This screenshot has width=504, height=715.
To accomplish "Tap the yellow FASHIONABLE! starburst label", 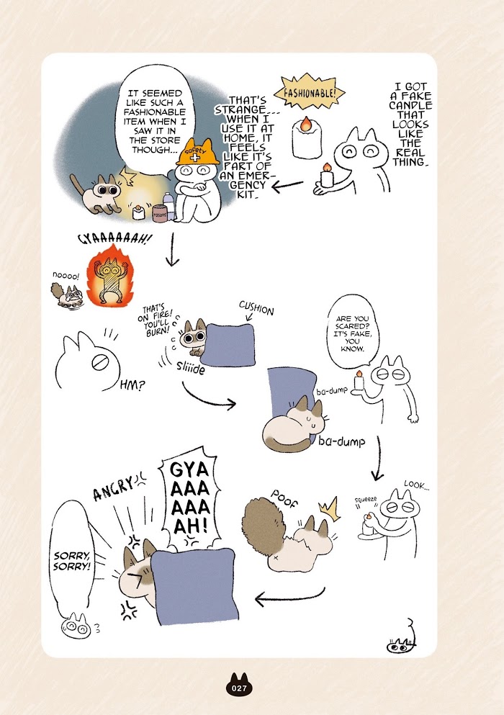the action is click(310, 93).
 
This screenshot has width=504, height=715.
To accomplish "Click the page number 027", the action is click(239, 688).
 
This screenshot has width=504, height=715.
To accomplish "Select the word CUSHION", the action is click(256, 309).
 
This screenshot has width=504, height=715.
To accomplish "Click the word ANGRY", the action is click(113, 488).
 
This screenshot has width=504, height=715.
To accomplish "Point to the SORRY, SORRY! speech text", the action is click(72, 561).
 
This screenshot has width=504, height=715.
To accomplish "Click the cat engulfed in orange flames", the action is click(109, 279).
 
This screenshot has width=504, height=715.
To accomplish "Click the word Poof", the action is click(284, 499).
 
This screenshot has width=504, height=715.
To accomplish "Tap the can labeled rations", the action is click(160, 214).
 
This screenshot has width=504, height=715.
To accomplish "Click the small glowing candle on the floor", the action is click(138, 212).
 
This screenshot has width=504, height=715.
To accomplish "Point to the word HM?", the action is click(132, 385).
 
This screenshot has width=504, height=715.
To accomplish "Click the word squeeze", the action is click(366, 500).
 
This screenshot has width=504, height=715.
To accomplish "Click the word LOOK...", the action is click(416, 485).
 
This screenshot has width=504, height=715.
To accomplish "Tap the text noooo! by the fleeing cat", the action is click(66, 276).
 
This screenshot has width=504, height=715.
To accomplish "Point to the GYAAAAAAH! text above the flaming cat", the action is click(115, 239).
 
